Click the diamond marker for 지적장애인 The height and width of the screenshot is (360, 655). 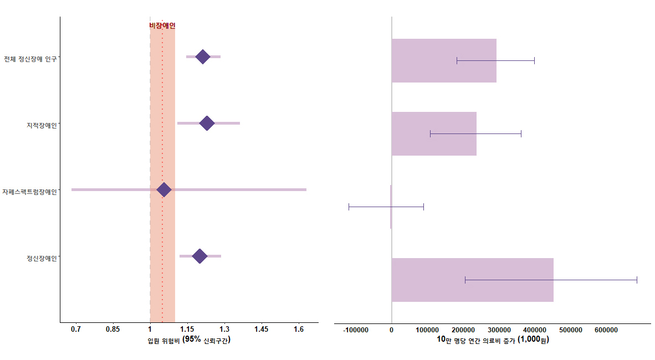click(x=207, y=124)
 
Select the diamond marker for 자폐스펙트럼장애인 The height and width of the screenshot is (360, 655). click(x=164, y=190)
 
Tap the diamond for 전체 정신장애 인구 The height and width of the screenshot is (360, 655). click(x=203, y=57)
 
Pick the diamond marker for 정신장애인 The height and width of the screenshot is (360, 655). click(x=199, y=256)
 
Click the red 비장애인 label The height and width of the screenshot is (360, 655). click(x=162, y=25)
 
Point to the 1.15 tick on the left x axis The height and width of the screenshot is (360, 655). click(x=187, y=330)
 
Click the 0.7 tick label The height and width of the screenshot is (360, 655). click(x=76, y=330)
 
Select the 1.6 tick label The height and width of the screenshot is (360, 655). click(x=299, y=330)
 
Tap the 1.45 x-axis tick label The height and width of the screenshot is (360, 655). click(x=262, y=330)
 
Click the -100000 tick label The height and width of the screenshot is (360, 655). click(x=356, y=330)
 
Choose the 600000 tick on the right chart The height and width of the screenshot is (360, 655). click(x=606, y=330)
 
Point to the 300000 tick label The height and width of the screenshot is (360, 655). click(x=499, y=330)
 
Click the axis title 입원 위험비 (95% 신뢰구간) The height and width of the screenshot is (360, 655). click(x=189, y=340)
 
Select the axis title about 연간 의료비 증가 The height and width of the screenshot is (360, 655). click(x=493, y=340)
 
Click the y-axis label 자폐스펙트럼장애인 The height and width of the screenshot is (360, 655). click(x=30, y=192)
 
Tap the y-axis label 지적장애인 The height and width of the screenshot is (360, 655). click(x=42, y=125)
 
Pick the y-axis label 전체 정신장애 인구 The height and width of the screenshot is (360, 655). click(x=30, y=59)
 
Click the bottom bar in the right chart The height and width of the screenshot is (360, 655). click(x=472, y=280)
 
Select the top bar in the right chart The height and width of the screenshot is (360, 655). click(x=444, y=61)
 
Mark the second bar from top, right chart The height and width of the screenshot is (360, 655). click(x=434, y=133)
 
